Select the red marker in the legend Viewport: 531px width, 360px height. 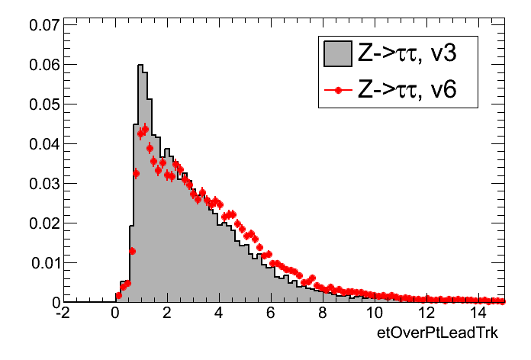[x=337, y=91]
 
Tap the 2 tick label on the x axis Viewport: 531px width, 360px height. [x=167, y=313]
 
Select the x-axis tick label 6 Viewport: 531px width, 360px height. [x=271, y=313]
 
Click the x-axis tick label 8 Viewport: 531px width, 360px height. [x=323, y=313]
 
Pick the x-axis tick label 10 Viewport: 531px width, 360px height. [x=375, y=313]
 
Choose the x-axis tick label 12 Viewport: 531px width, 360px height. [x=426, y=313]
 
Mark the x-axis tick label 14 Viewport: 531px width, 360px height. [x=478, y=313]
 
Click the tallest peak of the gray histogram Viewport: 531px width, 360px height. [x=141, y=66]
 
